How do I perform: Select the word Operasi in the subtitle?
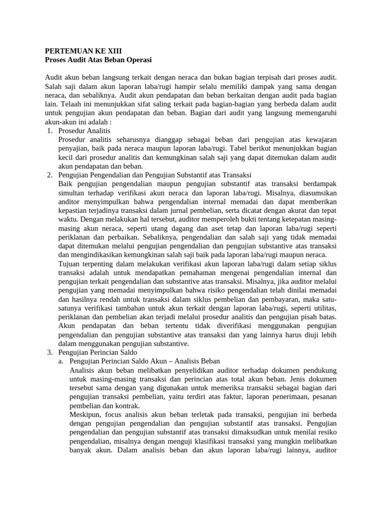click(x=138, y=60)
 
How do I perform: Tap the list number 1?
click(x=49, y=131)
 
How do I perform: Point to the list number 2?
click(x=49, y=175)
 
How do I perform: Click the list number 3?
click(x=49, y=352)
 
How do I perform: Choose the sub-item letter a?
click(x=62, y=361)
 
